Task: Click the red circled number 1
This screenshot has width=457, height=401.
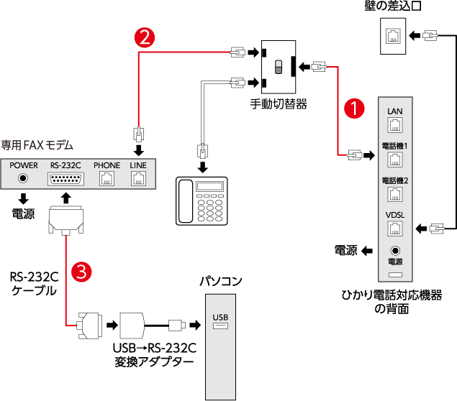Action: pos(353,109)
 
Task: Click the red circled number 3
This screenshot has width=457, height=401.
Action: pos(83,272)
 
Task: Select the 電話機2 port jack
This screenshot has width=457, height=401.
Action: pos(394,194)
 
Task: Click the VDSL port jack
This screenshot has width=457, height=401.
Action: pos(394,229)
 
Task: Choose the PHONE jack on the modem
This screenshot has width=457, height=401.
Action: pos(107,178)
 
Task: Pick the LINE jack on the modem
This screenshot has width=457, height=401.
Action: pos(138,178)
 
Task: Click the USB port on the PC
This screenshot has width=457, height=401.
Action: pos(220,328)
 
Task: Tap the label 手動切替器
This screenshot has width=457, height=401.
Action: pos(279,104)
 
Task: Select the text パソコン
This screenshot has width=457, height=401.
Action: pos(221,281)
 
